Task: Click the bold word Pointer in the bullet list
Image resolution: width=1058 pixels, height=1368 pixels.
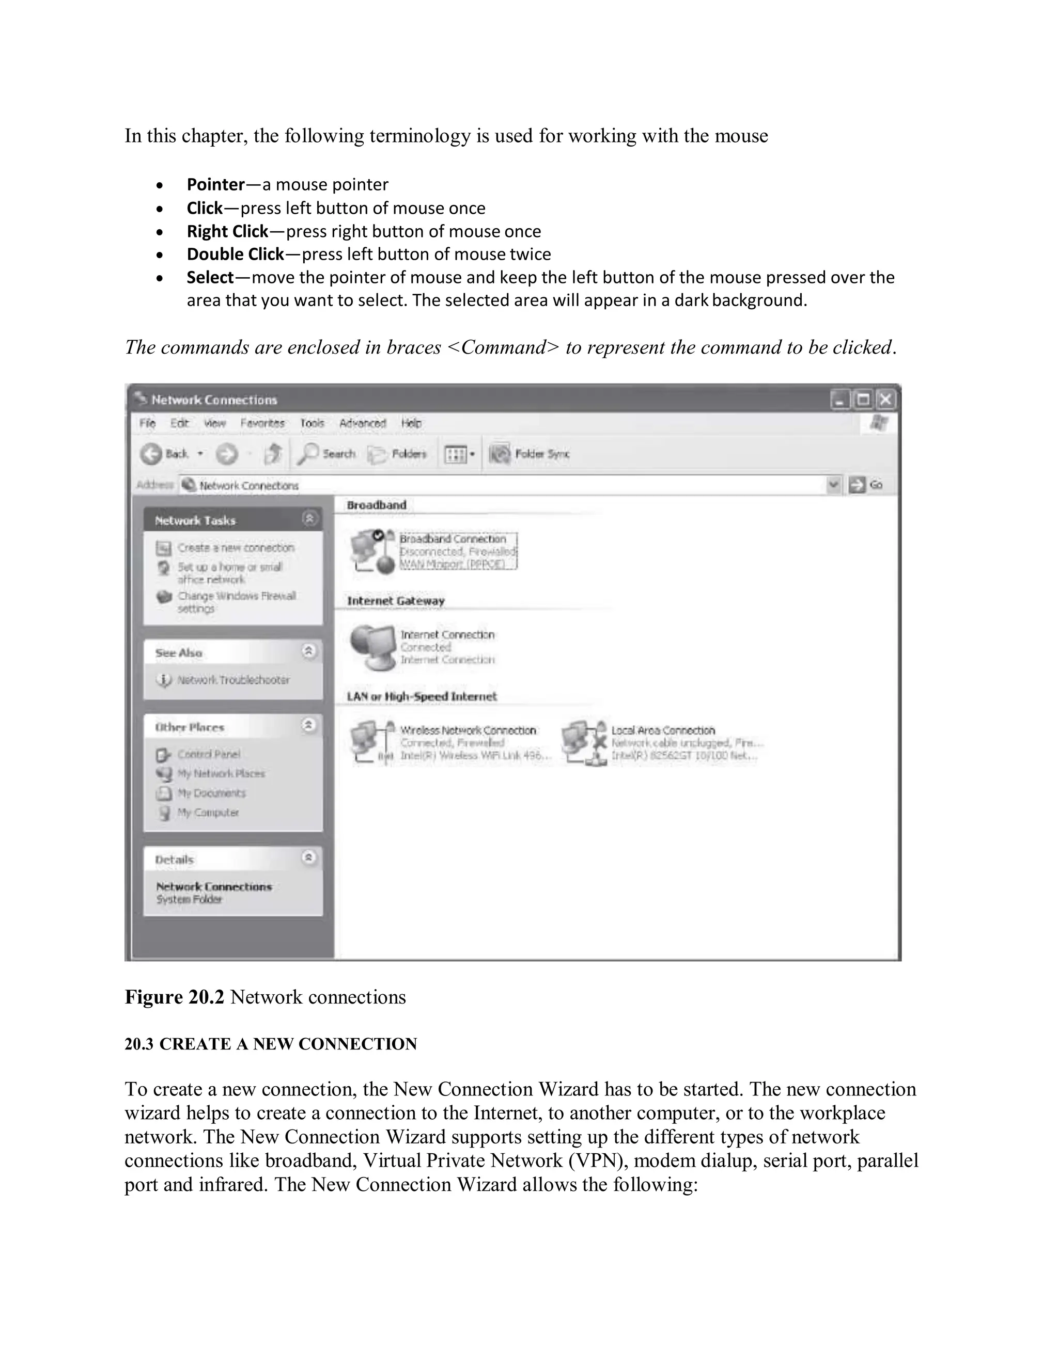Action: pyautogui.click(x=215, y=185)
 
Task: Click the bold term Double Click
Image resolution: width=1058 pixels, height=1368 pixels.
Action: pyautogui.click(x=235, y=254)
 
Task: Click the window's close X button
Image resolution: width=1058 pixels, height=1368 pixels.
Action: pyautogui.click(x=885, y=400)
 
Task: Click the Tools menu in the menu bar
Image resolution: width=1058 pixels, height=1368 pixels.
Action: pyautogui.click(x=312, y=423)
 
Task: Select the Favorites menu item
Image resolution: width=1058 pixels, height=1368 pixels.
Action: pyautogui.click(x=262, y=423)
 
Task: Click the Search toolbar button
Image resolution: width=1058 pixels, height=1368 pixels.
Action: pyautogui.click(x=326, y=453)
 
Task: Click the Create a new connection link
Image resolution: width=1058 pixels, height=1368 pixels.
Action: pyautogui.click(x=235, y=547)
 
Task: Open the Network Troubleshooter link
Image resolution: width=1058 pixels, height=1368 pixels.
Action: pyautogui.click(x=232, y=680)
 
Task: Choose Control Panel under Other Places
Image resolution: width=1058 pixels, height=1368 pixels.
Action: pyautogui.click(x=208, y=754)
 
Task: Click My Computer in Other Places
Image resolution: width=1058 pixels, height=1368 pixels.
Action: pyautogui.click(x=208, y=813)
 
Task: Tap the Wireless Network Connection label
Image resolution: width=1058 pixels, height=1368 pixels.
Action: pyautogui.click(x=468, y=730)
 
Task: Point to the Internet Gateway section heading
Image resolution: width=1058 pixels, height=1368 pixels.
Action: pyautogui.click(x=396, y=601)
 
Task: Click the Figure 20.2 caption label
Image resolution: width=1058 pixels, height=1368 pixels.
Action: pyautogui.click(x=174, y=996)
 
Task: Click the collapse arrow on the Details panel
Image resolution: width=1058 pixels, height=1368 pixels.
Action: pyautogui.click(x=308, y=857)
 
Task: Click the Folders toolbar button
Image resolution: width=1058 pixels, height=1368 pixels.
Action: pyautogui.click(x=397, y=453)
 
